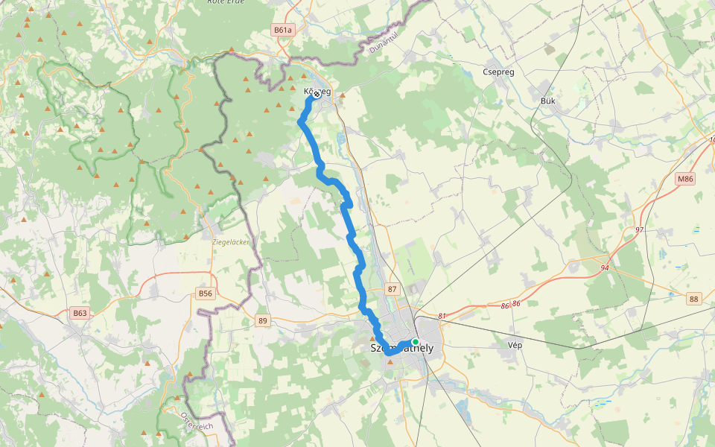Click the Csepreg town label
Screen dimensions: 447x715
click(x=499, y=72)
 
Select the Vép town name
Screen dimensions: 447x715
click(x=515, y=346)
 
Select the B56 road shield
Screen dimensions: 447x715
click(x=206, y=294)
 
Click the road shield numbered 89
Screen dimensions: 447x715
click(x=262, y=320)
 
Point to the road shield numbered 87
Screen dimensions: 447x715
click(x=393, y=289)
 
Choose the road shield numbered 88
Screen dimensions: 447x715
click(x=694, y=299)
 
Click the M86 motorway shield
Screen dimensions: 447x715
click(x=685, y=179)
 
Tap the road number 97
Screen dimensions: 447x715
click(x=639, y=229)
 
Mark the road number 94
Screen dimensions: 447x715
click(x=605, y=267)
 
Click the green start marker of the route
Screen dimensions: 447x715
click(x=416, y=342)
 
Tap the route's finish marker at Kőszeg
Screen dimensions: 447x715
click(x=317, y=94)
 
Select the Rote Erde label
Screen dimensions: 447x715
click(x=227, y=2)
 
